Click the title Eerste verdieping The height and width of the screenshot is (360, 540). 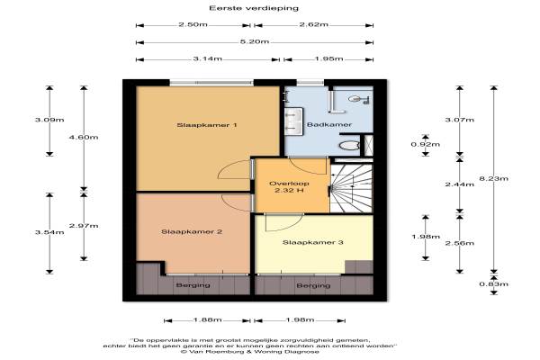click(254, 8)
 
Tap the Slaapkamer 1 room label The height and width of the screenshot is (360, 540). click(207, 125)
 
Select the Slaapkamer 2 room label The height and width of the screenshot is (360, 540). click(192, 232)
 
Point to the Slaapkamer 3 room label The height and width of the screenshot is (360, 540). click(312, 242)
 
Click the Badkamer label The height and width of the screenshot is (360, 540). click(329, 125)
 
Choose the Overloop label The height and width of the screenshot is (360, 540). click(289, 184)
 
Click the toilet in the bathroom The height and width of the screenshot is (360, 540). click(348, 145)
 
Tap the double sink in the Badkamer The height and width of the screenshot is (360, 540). click(293, 121)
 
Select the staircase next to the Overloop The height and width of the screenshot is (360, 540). click(351, 188)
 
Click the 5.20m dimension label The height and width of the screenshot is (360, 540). click(255, 41)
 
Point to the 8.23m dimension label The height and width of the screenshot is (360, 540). click(493, 178)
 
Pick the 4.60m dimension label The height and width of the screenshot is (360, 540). click(84, 137)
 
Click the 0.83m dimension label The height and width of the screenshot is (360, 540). click(493, 284)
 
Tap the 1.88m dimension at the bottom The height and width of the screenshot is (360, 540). click(207, 320)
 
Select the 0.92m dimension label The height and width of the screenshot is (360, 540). click(426, 144)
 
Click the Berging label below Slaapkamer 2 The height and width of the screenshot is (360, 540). click(193, 285)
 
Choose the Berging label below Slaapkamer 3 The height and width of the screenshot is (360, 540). click(313, 286)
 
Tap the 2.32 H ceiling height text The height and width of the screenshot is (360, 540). click(289, 191)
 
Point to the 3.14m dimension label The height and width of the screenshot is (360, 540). click(207, 58)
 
